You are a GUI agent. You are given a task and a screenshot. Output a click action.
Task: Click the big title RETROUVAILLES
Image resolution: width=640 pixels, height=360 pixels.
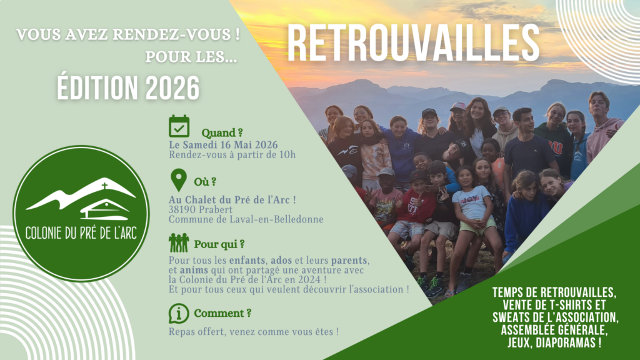tap(414, 43)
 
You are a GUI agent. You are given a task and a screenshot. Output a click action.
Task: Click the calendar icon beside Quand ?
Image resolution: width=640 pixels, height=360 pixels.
tap(179, 126)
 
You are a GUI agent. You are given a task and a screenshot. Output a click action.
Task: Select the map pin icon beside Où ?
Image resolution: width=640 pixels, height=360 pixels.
tap(178, 180)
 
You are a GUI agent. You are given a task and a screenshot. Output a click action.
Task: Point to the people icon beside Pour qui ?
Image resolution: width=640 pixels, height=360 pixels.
tap(179, 243)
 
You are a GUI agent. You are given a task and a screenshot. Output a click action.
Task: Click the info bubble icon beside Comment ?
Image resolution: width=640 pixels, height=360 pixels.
tap(179, 314)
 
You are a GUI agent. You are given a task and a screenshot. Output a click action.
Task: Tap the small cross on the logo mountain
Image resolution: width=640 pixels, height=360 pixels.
tap(104, 186)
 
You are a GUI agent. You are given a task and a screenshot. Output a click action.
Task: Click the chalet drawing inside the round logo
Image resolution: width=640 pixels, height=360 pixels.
tap(104, 209)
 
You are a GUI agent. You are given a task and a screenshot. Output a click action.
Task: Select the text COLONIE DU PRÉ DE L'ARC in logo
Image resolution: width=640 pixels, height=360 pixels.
tap(81, 233)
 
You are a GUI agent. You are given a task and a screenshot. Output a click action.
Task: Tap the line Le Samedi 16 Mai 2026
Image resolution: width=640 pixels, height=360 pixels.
tap(223, 145)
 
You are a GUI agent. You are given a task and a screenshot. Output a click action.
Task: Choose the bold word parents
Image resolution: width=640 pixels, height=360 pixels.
tap(349, 261)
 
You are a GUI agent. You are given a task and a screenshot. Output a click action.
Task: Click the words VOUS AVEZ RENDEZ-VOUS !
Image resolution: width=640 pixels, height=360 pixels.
tap(128, 34)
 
